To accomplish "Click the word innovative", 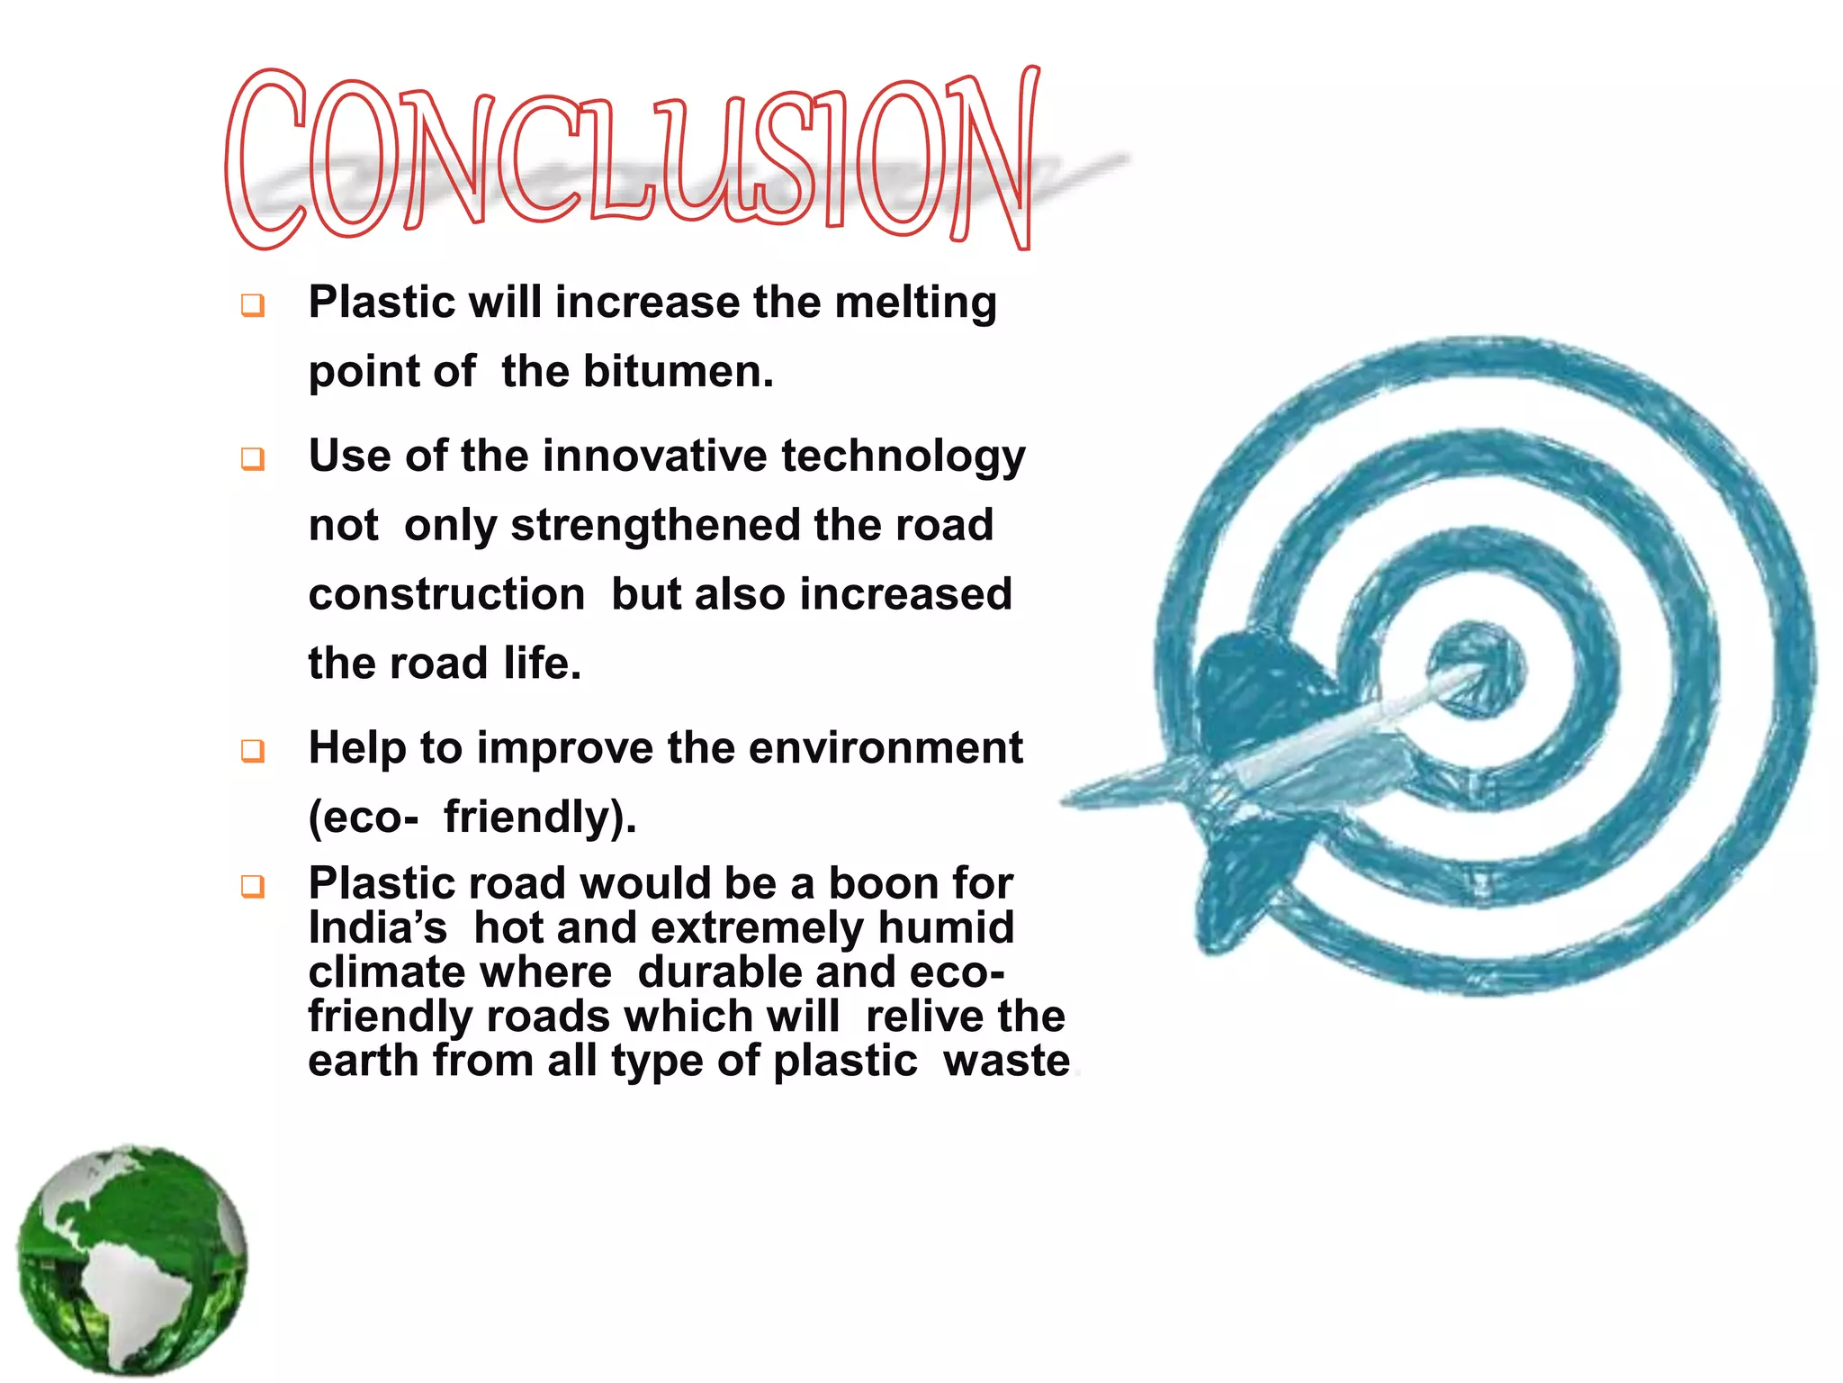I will point(656,456).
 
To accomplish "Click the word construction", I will point(446,595).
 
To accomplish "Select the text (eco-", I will point(364,818).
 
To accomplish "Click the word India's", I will point(377,927).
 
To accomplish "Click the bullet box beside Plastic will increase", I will point(253,305).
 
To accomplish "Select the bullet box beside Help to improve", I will point(253,751).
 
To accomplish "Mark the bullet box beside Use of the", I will point(253,459).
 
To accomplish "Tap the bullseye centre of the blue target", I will point(1476,670).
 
